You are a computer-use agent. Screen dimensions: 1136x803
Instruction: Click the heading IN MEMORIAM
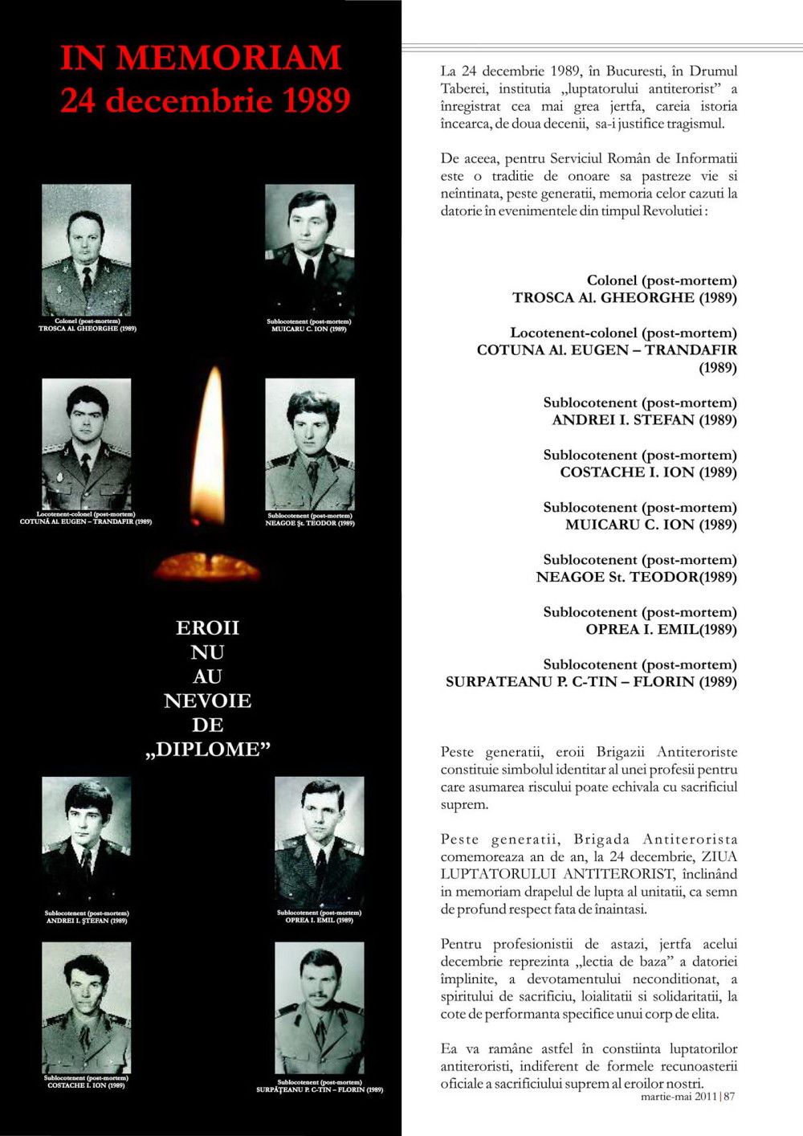tap(201, 58)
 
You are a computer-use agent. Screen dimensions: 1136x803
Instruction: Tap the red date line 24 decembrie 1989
tap(205, 100)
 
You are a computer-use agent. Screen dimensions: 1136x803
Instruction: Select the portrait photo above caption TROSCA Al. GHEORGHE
tap(86, 250)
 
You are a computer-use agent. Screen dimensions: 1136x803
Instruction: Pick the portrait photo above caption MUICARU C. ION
tap(309, 250)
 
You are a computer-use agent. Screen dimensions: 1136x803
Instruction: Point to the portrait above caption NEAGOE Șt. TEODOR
tap(309, 443)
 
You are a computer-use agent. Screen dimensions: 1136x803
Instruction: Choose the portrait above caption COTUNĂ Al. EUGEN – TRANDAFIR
tap(86, 443)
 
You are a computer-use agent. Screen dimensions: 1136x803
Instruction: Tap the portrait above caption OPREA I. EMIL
tap(319, 842)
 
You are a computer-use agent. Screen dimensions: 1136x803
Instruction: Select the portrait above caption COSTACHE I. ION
tap(86, 1007)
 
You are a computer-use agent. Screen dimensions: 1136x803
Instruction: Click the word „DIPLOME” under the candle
tap(208, 750)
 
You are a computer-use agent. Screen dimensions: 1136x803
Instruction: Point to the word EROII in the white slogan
tap(207, 627)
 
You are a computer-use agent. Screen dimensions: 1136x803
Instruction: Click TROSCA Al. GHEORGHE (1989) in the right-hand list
tap(624, 297)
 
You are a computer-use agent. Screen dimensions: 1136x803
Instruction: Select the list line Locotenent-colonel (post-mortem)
tap(623, 333)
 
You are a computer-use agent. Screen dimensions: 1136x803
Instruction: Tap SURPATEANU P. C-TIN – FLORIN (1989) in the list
tap(591, 682)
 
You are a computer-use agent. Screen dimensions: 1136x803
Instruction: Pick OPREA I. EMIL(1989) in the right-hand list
tap(661, 629)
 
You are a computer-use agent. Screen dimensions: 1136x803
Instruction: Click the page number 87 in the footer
tap(729, 1096)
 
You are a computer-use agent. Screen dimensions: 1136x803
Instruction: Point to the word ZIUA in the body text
tap(719, 856)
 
